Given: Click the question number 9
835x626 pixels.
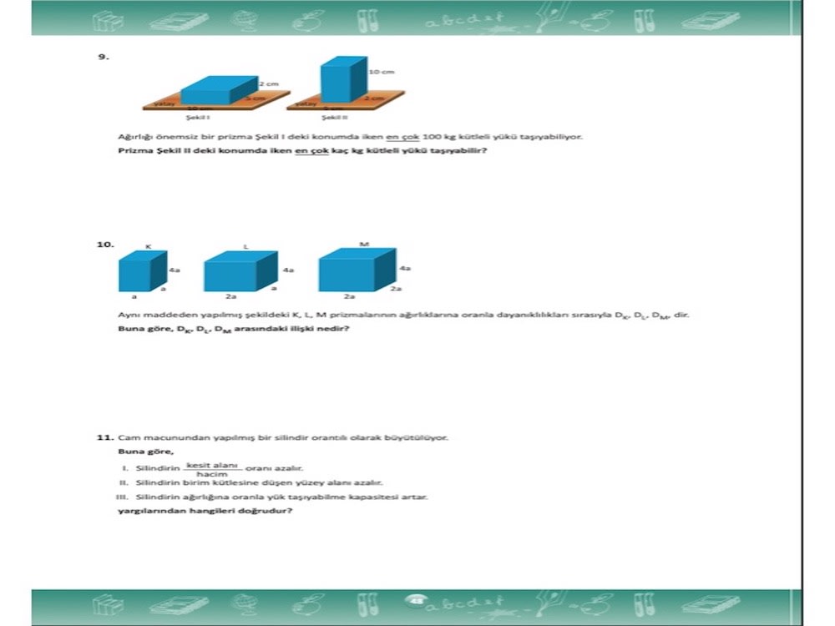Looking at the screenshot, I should [x=104, y=57].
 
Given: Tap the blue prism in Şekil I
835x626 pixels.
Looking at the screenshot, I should [x=218, y=90].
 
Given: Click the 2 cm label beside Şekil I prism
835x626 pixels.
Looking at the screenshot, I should [x=267, y=84].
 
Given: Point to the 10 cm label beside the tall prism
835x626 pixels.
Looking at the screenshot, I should [x=382, y=73].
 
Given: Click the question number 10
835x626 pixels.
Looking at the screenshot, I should [x=105, y=245].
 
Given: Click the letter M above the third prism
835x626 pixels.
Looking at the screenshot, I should [x=363, y=244].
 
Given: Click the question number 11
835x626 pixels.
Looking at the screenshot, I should [x=104, y=437].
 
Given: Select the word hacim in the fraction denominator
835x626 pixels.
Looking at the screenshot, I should [x=212, y=474].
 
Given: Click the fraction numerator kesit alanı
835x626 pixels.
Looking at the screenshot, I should [x=213, y=464].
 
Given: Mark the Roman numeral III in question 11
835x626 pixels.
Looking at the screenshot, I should [x=120, y=497].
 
